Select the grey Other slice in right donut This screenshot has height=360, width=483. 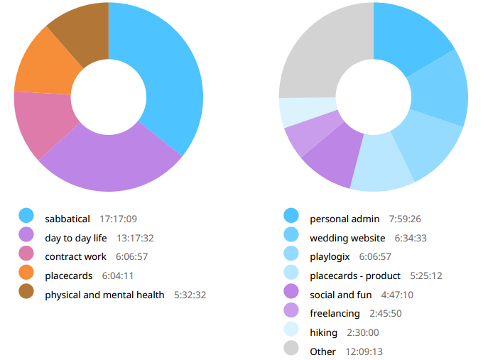click(320, 53)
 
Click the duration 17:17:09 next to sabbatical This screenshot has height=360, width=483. click(119, 219)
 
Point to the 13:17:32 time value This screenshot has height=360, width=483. click(135, 238)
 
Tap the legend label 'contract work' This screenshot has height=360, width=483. click(75, 256)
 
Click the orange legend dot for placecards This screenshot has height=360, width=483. click(26, 275)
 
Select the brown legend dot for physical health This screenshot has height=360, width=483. click(26, 294)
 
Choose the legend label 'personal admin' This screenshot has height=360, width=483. click(344, 219)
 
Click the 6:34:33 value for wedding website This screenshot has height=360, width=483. click(411, 238)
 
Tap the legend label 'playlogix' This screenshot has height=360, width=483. click(330, 256)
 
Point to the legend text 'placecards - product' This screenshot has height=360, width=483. click(355, 275)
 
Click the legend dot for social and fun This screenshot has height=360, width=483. click(291, 294)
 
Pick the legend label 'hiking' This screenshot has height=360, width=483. click(324, 332)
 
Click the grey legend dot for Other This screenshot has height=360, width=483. click(291, 351)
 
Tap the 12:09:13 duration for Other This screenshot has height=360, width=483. click(364, 351)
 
